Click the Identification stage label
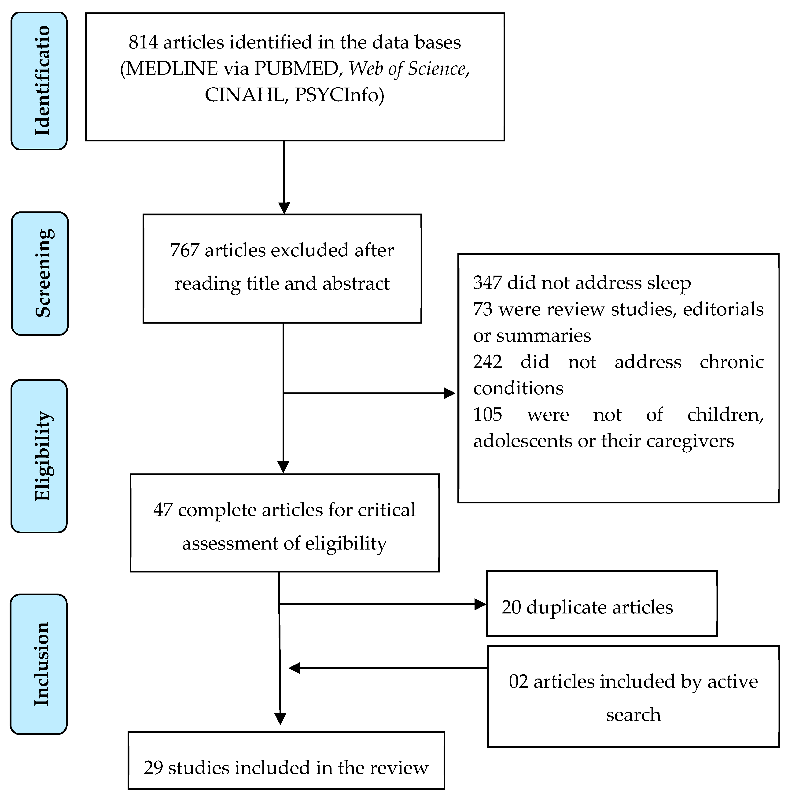(x=39, y=81)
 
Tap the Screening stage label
(x=40, y=273)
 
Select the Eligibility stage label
(x=39, y=456)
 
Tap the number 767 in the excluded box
(x=184, y=250)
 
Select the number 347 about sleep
(x=487, y=283)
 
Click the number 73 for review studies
(x=482, y=309)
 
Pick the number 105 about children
(x=487, y=414)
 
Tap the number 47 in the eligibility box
(x=163, y=510)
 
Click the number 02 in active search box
(x=518, y=681)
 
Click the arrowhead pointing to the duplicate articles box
(x=480, y=604)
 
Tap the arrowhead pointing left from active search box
(x=294, y=668)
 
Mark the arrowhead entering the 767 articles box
(x=284, y=208)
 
